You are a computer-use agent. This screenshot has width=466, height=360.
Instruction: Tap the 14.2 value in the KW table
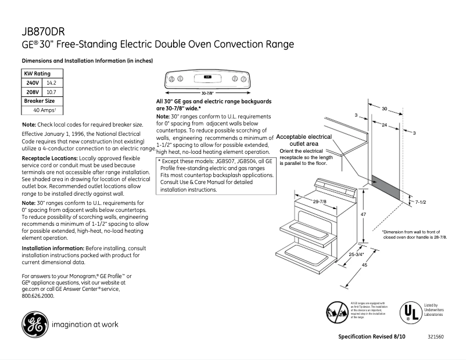pos(51,83)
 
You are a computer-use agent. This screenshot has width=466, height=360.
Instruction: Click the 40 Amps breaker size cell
pos(44,110)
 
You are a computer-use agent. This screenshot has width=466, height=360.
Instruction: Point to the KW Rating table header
pos(37,74)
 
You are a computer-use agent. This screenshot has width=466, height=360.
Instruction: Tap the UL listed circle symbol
pos(409,311)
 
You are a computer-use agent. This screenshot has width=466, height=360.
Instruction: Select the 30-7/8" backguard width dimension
pos(207,93)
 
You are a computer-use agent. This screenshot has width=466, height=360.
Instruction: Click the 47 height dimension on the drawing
pos(363,215)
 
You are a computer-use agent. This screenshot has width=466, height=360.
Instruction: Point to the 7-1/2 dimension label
pos(421,201)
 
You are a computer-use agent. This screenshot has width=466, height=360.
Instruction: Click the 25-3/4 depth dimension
pos(356,255)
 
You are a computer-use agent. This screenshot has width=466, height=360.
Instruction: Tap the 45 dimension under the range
pos(364,265)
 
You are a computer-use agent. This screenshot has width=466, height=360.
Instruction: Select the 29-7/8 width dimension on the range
pos(319,201)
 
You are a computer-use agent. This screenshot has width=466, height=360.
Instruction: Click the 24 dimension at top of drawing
pos(384,125)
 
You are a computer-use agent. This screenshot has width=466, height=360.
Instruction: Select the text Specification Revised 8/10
pos(372,337)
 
